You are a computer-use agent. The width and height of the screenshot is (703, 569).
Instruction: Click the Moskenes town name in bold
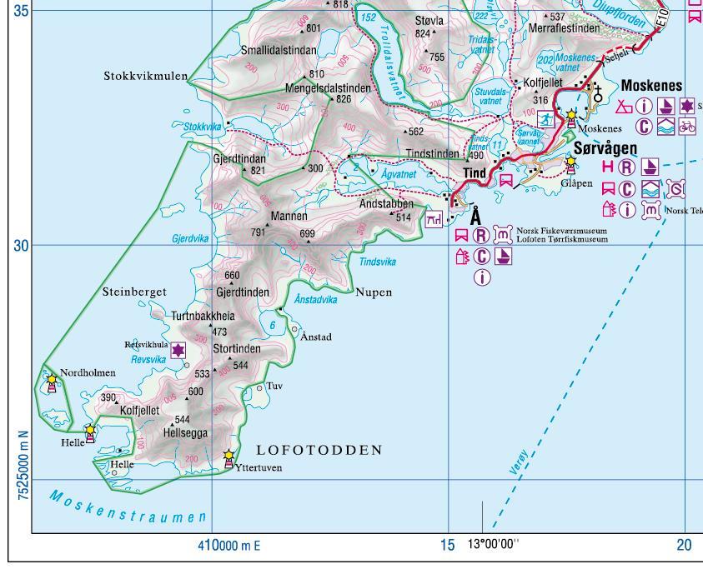click(x=651, y=86)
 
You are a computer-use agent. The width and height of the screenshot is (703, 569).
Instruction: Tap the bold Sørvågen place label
click(x=605, y=148)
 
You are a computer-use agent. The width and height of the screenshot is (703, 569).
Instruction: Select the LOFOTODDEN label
click(x=319, y=450)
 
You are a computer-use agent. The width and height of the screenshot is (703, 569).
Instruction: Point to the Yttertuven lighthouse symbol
click(x=228, y=457)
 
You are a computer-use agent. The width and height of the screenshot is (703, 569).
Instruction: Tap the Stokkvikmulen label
click(x=145, y=77)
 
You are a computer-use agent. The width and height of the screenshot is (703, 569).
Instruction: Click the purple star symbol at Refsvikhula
click(x=178, y=352)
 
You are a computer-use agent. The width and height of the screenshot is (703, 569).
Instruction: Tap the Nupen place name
click(x=373, y=292)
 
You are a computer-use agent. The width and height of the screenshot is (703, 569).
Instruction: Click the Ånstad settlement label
click(x=315, y=337)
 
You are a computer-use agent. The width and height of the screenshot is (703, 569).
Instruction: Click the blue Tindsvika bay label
click(x=377, y=262)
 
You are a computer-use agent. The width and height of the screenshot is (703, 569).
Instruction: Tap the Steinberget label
click(x=134, y=292)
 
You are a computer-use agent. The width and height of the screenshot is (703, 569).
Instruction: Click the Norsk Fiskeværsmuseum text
click(x=560, y=231)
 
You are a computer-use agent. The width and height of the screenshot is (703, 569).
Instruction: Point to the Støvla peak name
click(x=429, y=20)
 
